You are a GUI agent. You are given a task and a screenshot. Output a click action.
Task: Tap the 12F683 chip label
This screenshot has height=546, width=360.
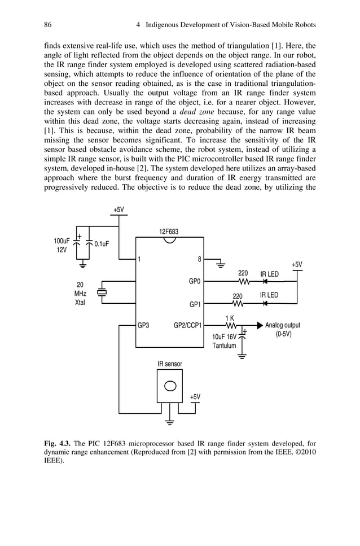[x=169, y=231]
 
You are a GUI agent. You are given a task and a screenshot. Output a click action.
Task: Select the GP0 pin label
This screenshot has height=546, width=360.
[x=195, y=281]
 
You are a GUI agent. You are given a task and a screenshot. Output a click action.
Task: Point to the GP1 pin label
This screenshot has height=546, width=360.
[x=195, y=305]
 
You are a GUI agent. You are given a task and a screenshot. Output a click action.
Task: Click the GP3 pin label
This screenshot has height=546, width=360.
[x=143, y=325]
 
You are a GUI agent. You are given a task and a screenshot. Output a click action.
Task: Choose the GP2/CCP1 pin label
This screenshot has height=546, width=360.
[x=188, y=325]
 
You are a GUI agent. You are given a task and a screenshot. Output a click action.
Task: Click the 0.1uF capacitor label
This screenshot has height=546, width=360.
[x=102, y=244]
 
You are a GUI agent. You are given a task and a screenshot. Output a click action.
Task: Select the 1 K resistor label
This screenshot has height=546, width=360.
[x=230, y=318]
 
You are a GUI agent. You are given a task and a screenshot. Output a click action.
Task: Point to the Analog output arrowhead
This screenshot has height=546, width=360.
[x=260, y=325]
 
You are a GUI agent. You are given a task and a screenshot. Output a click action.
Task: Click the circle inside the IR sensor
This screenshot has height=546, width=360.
[x=169, y=387]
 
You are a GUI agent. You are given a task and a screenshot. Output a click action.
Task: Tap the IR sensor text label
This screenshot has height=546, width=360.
[x=169, y=364]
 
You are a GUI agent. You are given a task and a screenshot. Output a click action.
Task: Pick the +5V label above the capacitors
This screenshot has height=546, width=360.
[x=118, y=209]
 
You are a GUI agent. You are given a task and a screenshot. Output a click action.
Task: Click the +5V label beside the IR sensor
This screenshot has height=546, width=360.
[x=194, y=397]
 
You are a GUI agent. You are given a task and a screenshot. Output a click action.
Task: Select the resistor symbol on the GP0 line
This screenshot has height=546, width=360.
[x=243, y=281]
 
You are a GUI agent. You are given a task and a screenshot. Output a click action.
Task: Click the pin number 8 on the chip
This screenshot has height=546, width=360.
[x=199, y=260]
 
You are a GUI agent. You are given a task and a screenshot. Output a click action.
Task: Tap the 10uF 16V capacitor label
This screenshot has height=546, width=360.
[x=225, y=341]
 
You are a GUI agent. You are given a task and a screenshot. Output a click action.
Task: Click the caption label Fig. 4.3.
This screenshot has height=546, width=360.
[x=58, y=443]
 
